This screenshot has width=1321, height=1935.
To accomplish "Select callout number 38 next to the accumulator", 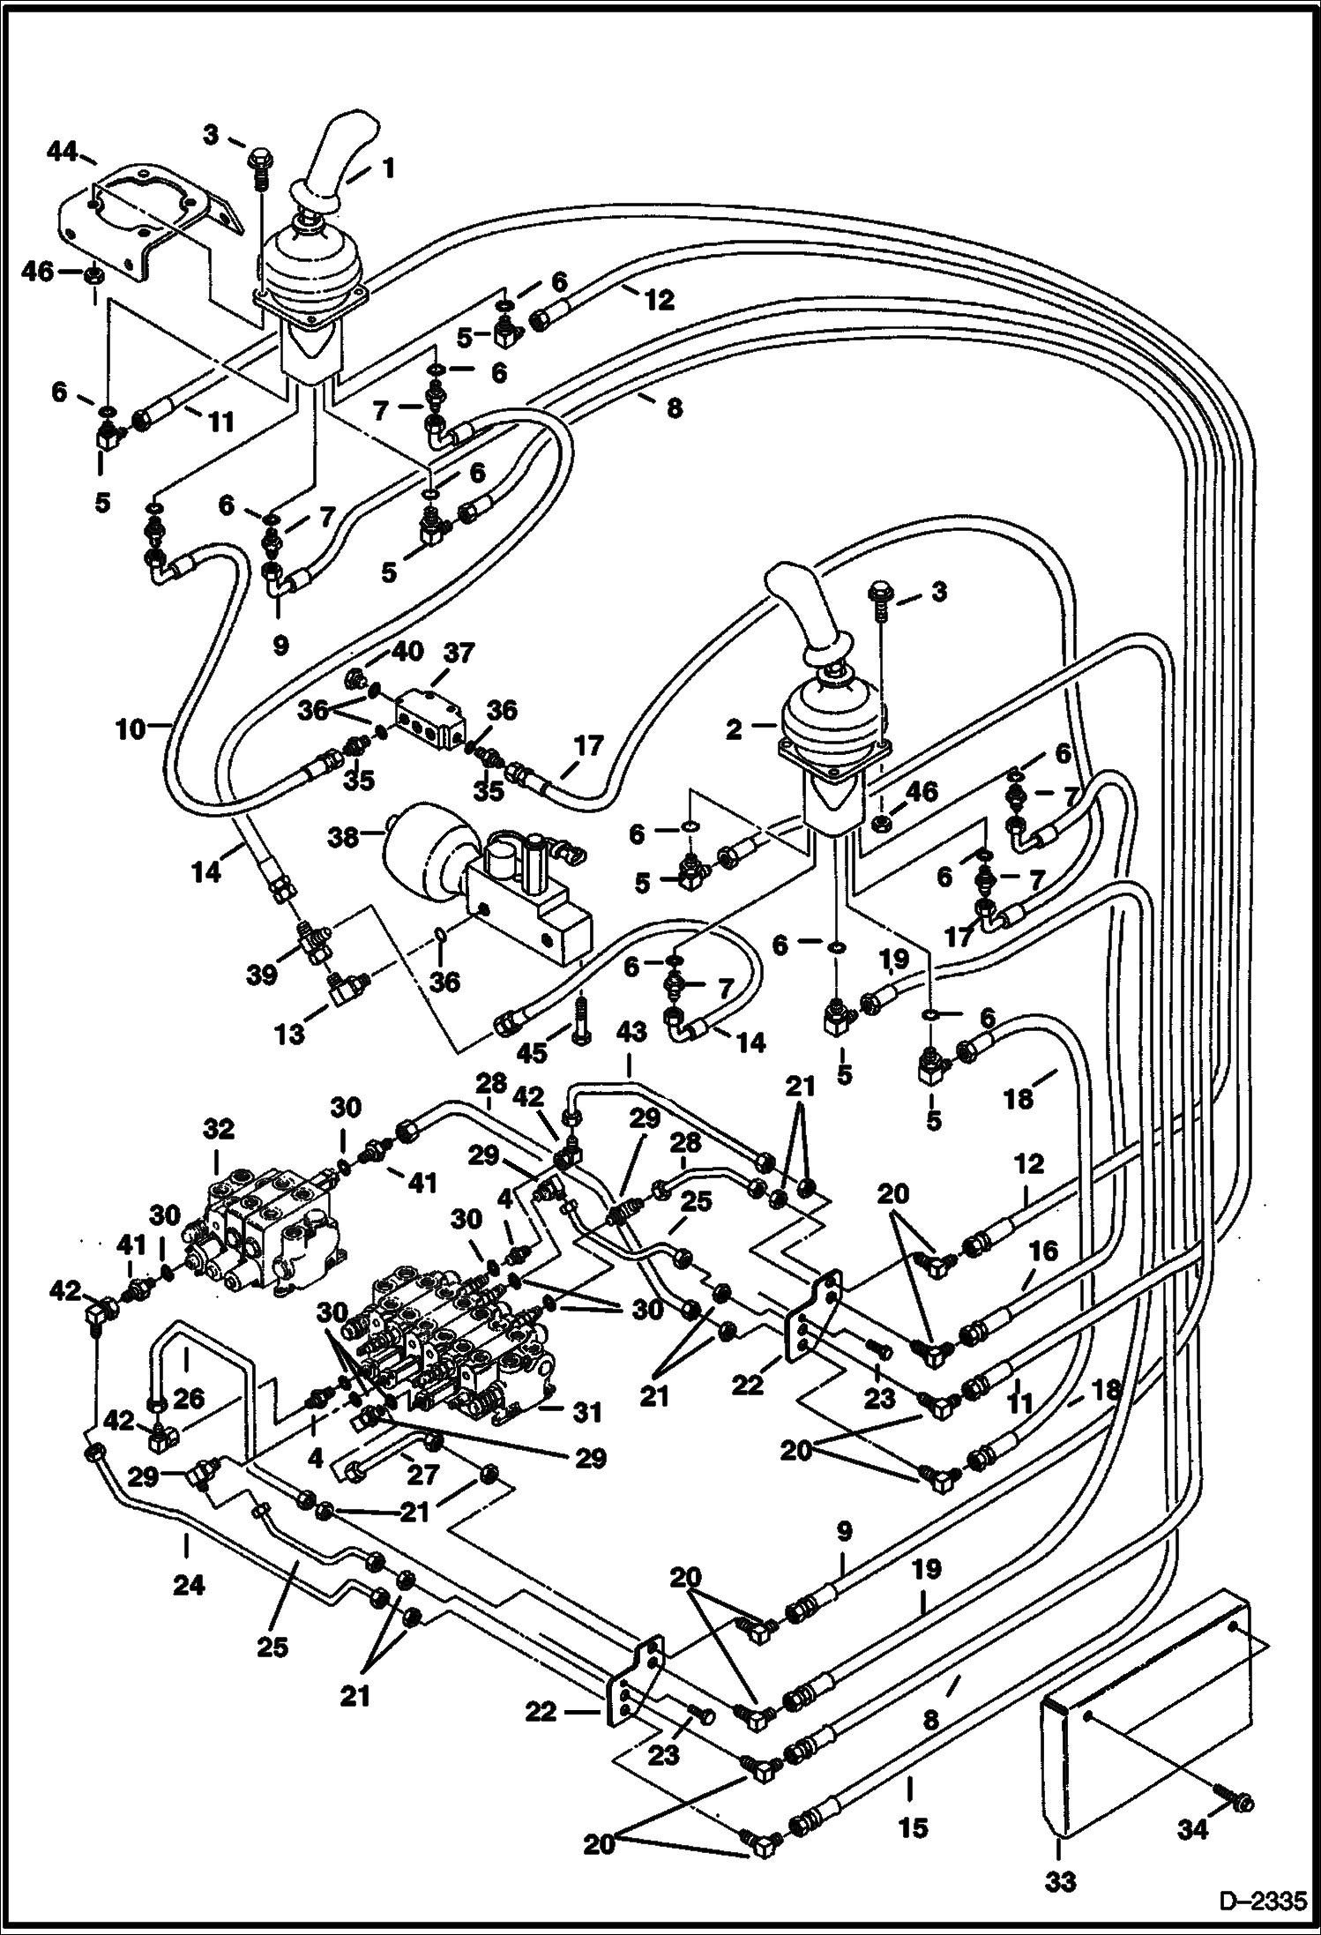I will [344, 837].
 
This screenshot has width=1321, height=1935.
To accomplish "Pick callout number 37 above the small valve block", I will [459, 654].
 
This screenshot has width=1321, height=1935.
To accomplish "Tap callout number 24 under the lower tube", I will [190, 1585].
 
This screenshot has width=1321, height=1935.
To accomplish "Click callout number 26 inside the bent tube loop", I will [189, 1397].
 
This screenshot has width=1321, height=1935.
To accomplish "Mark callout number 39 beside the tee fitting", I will [263, 975].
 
